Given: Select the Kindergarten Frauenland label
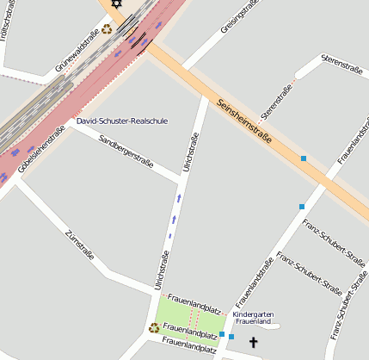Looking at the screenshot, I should point(254,318).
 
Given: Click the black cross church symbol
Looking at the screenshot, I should point(253,343).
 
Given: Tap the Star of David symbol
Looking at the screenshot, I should point(116,4).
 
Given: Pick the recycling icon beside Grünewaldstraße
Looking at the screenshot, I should point(107,28).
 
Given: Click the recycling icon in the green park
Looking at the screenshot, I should point(154,327).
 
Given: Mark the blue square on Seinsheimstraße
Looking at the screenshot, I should point(304,158).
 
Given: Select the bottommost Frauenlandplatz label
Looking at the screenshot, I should point(188,345).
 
